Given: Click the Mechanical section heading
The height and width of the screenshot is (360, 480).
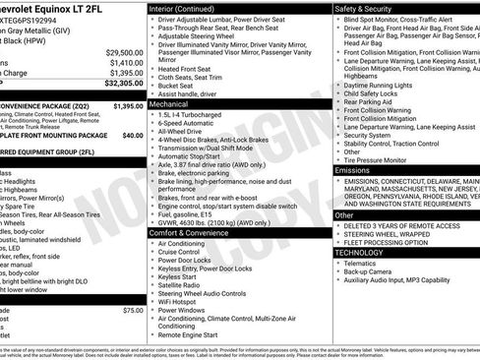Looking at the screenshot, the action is (169, 102).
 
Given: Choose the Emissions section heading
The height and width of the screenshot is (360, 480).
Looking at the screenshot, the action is (353, 170).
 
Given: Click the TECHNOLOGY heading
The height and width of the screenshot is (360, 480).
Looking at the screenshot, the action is (361, 253).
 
